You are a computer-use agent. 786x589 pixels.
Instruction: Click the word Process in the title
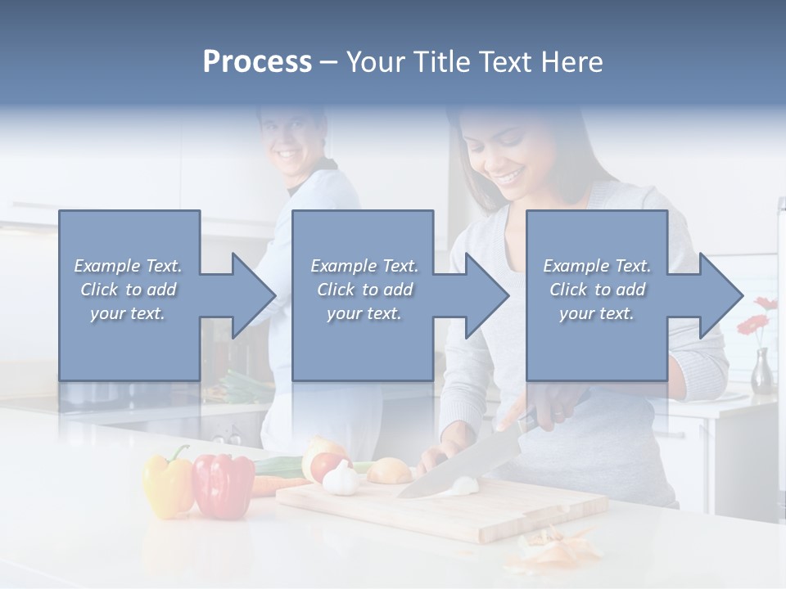coord(257,62)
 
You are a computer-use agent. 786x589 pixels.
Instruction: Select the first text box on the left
coord(129,294)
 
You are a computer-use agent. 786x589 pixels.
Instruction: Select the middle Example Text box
coord(363,294)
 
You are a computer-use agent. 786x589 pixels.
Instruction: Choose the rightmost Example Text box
coord(596,294)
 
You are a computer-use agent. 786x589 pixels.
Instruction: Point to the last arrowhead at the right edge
coord(719,295)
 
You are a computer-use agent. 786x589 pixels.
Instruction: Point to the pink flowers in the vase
coord(757,315)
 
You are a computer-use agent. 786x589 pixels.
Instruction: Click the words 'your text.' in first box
coord(128,313)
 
